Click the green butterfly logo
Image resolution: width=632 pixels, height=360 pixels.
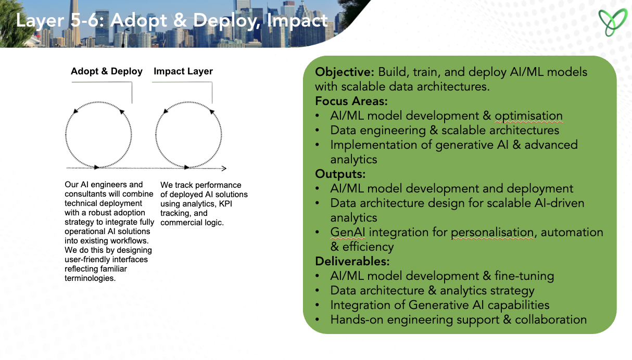click(613, 22)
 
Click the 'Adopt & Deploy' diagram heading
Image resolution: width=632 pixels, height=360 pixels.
click(107, 71)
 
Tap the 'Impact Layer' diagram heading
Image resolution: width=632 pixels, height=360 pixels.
click(183, 71)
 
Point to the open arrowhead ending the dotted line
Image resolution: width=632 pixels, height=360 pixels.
click(224, 169)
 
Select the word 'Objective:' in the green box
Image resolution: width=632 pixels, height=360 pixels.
click(345, 72)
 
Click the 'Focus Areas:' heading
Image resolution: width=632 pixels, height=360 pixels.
click(351, 101)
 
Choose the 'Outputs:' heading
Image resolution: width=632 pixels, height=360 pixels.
click(340, 174)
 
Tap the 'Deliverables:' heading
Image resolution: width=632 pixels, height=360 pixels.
click(352, 261)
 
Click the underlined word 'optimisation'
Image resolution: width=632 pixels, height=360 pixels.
click(529, 116)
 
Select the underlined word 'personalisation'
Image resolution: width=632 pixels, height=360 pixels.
click(492, 233)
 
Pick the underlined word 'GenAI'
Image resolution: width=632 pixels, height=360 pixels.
click(348, 233)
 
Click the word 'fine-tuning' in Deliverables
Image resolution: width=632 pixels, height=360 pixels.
click(524, 276)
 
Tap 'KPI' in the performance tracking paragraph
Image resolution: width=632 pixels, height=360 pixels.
click(225, 203)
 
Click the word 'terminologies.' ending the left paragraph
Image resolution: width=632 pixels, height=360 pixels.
click(90, 278)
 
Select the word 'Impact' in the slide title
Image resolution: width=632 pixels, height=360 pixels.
click(297, 20)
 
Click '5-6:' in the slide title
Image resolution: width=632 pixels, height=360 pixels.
click(87, 20)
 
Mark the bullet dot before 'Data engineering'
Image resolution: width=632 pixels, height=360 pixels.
click(318, 130)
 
